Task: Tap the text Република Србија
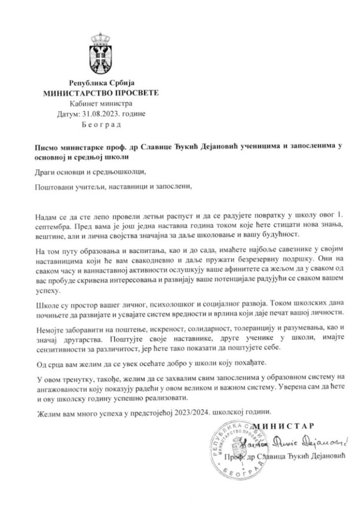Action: (x=100, y=83)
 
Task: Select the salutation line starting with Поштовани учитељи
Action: (x=115, y=187)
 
